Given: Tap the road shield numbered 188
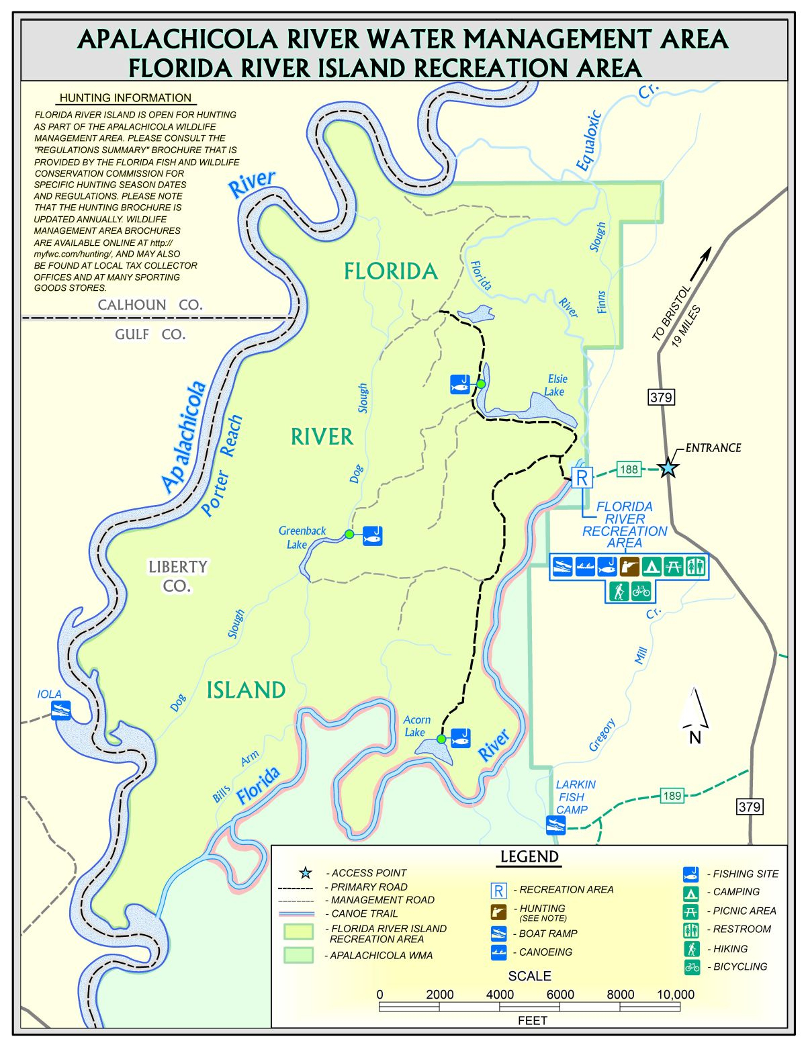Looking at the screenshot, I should coord(628,469).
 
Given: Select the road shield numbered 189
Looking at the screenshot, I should coord(672,796).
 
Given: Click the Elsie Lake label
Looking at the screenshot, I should coord(555,386).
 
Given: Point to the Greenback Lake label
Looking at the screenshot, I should coord(302,537).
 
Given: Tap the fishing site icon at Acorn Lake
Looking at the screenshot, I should coord(460,737).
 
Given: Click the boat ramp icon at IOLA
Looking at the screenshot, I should coord(61,711).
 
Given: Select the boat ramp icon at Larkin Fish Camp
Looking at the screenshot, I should coord(555,824).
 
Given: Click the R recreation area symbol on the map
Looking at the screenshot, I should coord(582,478).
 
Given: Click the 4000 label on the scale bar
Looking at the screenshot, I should coord(500,994).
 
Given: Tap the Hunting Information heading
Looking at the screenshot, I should coord(126,98).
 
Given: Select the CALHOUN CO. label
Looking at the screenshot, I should coord(150,305).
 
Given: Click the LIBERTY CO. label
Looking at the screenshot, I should coord(177,576).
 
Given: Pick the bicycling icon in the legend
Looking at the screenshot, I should coord(692,967).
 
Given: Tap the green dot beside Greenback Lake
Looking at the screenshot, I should coord(349,534).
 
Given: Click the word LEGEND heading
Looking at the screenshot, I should coord(529,857).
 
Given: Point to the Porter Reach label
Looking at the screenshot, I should coord(222,465).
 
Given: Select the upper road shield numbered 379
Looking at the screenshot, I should coord(660,397).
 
